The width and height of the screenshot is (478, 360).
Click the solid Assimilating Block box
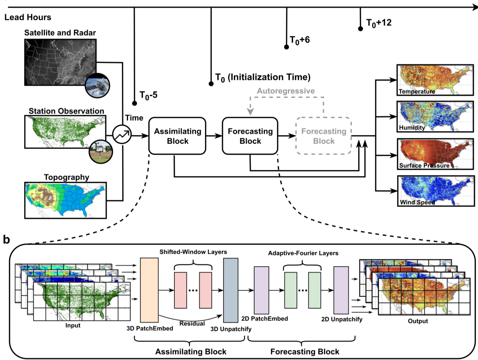tap(177, 136)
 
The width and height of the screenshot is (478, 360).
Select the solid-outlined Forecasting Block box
tap(250, 136)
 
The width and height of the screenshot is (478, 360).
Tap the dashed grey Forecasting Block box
tap(324, 136)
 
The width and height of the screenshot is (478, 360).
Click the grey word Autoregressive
tap(286, 91)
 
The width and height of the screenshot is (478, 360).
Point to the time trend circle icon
tap(122, 135)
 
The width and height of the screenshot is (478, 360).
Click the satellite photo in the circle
tap(98, 85)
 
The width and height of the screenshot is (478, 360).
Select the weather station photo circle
tap(101, 151)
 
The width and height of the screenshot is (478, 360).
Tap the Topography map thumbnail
tap(66, 200)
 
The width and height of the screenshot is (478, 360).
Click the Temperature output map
tap(435, 80)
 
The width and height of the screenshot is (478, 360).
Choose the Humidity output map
tap(435, 116)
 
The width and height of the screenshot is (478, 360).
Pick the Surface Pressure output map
tap(435, 154)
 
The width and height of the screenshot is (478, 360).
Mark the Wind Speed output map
tap(435, 191)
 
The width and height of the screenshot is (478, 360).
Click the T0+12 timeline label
tap(379, 23)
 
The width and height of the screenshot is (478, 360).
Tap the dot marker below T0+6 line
tap(286, 47)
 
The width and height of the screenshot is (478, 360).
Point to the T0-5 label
tap(148, 95)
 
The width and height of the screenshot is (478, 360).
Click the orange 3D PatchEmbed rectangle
tap(149, 290)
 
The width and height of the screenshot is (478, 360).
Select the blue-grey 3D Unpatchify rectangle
tap(231, 290)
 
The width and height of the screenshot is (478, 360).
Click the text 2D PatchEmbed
tap(264, 319)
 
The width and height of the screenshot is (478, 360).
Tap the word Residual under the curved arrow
tap(192, 323)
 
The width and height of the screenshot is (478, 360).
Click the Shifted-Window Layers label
tap(193, 252)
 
